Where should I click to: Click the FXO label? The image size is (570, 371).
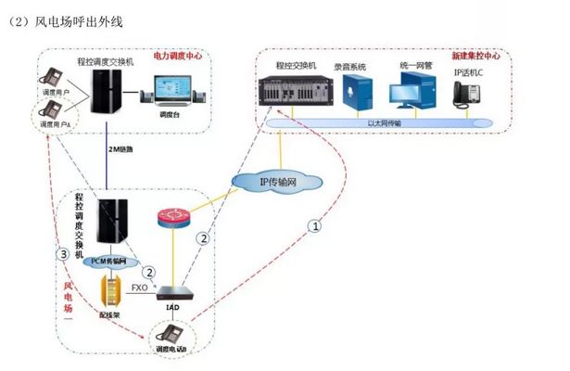tap(139, 288)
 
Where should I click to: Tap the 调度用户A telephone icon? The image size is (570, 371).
tap(46, 114)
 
